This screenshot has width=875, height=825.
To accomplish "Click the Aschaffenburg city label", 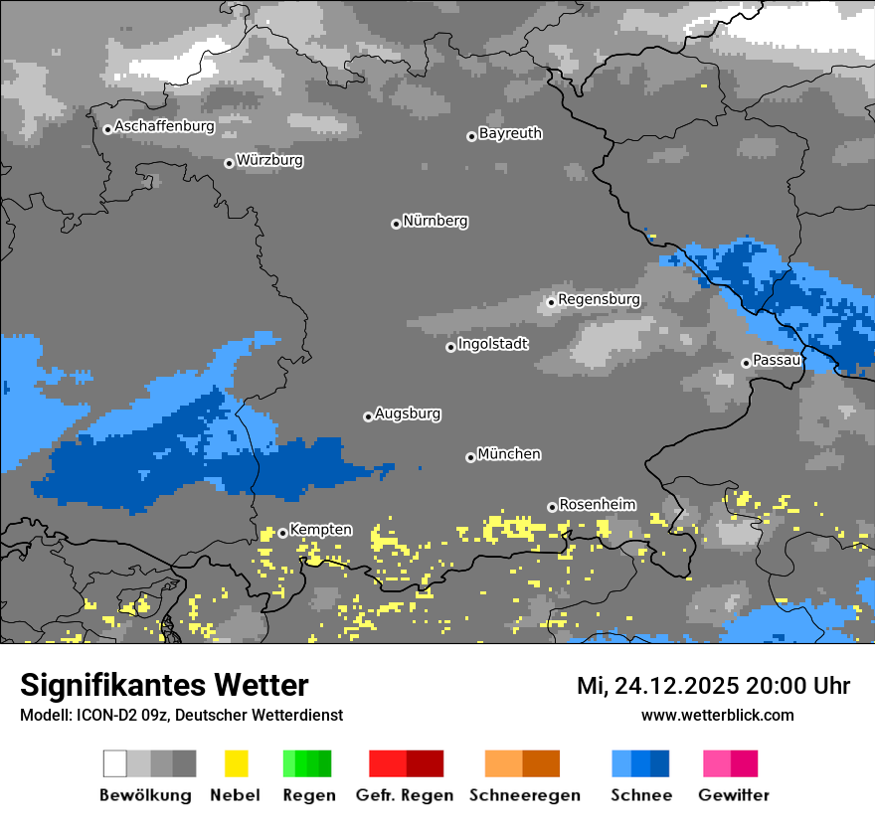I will pyautogui.click(x=164, y=126).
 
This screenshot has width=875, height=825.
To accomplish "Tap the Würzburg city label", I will pyautogui.click(x=269, y=160).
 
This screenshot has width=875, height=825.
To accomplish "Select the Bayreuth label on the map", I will pyautogui.click(x=510, y=133).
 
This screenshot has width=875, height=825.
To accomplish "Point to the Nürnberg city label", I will pyautogui.click(x=435, y=221).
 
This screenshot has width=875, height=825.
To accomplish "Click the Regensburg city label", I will pyautogui.click(x=599, y=299).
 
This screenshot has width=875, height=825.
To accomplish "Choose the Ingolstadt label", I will pyautogui.click(x=493, y=344).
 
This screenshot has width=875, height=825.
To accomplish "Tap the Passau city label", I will pyautogui.click(x=777, y=360).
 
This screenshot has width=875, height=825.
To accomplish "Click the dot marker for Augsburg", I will pyautogui.click(x=368, y=416).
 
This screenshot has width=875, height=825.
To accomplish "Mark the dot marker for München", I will pyautogui.click(x=470, y=457).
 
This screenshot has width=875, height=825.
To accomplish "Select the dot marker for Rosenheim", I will pyautogui.click(x=552, y=507).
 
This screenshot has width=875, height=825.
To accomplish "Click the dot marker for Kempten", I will pyautogui.click(x=282, y=533).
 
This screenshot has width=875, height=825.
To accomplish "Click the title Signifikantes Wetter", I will pyautogui.click(x=164, y=686).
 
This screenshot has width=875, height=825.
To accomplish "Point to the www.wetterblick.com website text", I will pyautogui.click(x=717, y=716).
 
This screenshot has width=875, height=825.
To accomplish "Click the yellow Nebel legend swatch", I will pyautogui.click(x=236, y=763).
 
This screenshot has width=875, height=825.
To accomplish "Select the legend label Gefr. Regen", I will pyautogui.click(x=406, y=795).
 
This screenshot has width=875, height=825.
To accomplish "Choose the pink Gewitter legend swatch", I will pyautogui.click(x=717, y=763).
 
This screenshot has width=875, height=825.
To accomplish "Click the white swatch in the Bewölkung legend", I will pyautogui.click(x=115, y=763).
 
